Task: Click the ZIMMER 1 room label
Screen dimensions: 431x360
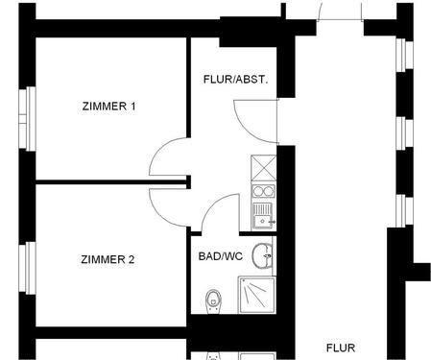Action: point(108,106)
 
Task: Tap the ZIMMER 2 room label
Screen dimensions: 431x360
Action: point(108,258)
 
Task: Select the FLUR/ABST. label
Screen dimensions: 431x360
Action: point(235,79)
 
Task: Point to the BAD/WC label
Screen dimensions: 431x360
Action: point(221,256)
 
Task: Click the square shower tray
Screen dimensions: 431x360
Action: point(257,294)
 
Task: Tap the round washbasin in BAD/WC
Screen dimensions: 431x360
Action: point(263,256)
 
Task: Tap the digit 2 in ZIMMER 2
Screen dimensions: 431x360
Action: point(132,258)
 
